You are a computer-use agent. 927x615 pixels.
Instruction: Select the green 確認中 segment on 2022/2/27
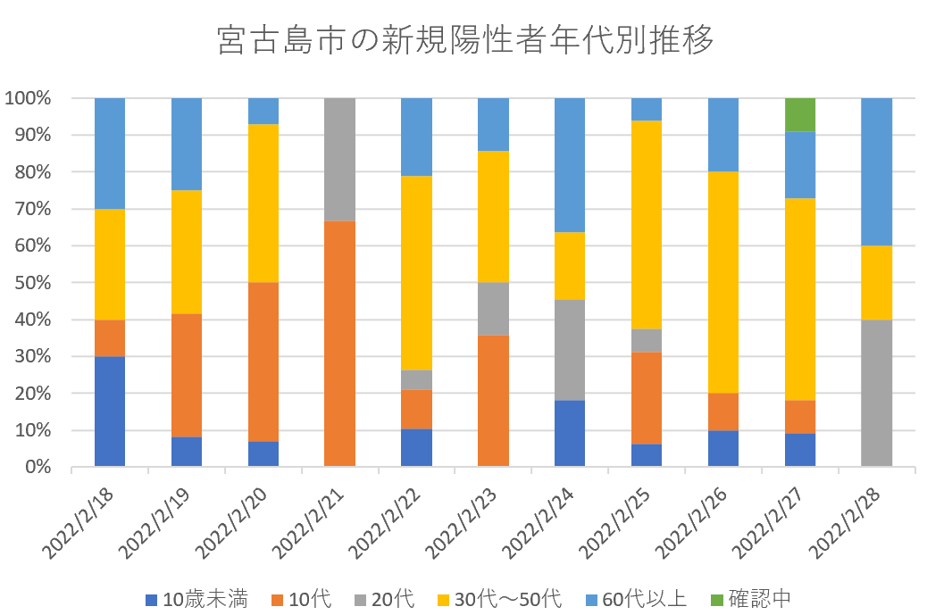799,114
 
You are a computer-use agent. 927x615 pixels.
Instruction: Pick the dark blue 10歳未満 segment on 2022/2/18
110,411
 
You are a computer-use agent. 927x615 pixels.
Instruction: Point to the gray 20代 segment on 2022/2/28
876,393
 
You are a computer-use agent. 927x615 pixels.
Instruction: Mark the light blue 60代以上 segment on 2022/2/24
570,165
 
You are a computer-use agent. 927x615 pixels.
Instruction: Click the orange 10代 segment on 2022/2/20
263,362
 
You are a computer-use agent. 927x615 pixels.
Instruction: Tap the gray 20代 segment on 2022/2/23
493,309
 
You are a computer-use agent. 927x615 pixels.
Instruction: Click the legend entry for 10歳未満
196,598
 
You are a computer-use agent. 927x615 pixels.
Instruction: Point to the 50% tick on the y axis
34,283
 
